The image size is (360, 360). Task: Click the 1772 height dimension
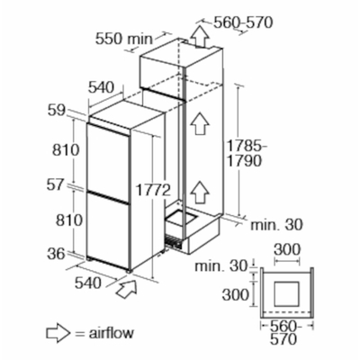click(x=153, y=190)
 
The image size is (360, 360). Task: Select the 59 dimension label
click(x=56, y=111)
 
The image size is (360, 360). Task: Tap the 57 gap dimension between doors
click(x=56, y=184)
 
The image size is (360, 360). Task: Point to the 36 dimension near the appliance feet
click(x=56, y=254)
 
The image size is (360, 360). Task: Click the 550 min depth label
click(x=124, y=39)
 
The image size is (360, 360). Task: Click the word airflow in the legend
click(x=112, y=333)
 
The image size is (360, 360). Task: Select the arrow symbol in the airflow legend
click(x=58, y=333)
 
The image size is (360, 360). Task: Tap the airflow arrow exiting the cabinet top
click(x=200, y=36)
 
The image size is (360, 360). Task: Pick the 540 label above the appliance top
click(x=102, y=87)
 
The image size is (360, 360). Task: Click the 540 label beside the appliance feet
click(x=87, y=283)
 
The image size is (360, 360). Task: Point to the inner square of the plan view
click(x=287, y=294)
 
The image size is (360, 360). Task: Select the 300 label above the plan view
click(x=287, y=249)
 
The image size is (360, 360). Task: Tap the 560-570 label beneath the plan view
click(x=283, y=332)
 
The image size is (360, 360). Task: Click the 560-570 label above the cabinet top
click(x=243, y=22)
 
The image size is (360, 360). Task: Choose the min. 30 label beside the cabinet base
click(x=276, y=225)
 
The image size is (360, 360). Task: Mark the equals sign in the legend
click(x=79, y=334)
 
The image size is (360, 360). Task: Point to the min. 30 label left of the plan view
click(x=220, y=266)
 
